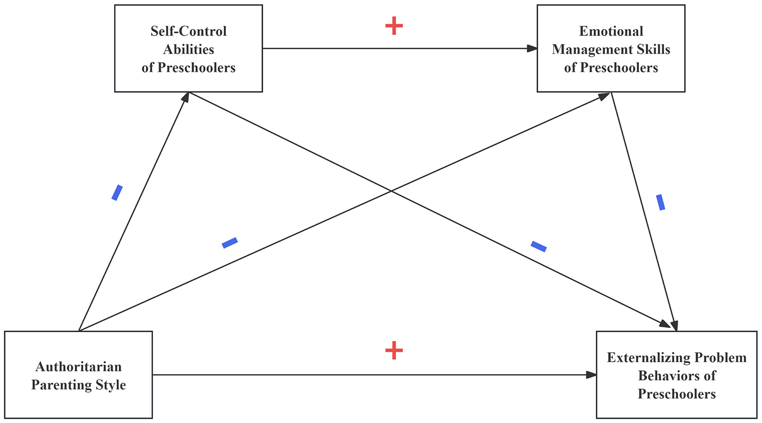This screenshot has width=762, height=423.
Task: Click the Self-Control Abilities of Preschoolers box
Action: [188, 48]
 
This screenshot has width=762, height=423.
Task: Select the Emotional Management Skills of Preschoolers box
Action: [611, 48]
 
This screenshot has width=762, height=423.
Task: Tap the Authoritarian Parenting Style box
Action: [79, 375]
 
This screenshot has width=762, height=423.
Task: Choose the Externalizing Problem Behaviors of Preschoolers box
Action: [676, 375]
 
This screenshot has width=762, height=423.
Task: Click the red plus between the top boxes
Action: [394, 26]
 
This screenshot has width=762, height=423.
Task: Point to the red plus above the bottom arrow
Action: [394, 350]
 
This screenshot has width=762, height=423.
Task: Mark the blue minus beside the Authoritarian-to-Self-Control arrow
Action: [117, 192]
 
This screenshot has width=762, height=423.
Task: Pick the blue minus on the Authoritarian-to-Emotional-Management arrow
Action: [230, 243]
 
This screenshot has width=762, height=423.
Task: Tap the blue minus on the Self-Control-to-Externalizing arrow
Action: [538, 246]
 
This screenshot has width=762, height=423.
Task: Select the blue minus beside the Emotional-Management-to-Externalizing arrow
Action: [661, 202]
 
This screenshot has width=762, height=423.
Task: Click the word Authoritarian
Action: [79, 367]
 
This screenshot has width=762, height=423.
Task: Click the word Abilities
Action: [188, 50]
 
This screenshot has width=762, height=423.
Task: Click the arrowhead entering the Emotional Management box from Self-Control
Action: [532, 48]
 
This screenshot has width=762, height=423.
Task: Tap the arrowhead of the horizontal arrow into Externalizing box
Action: [591, 375]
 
